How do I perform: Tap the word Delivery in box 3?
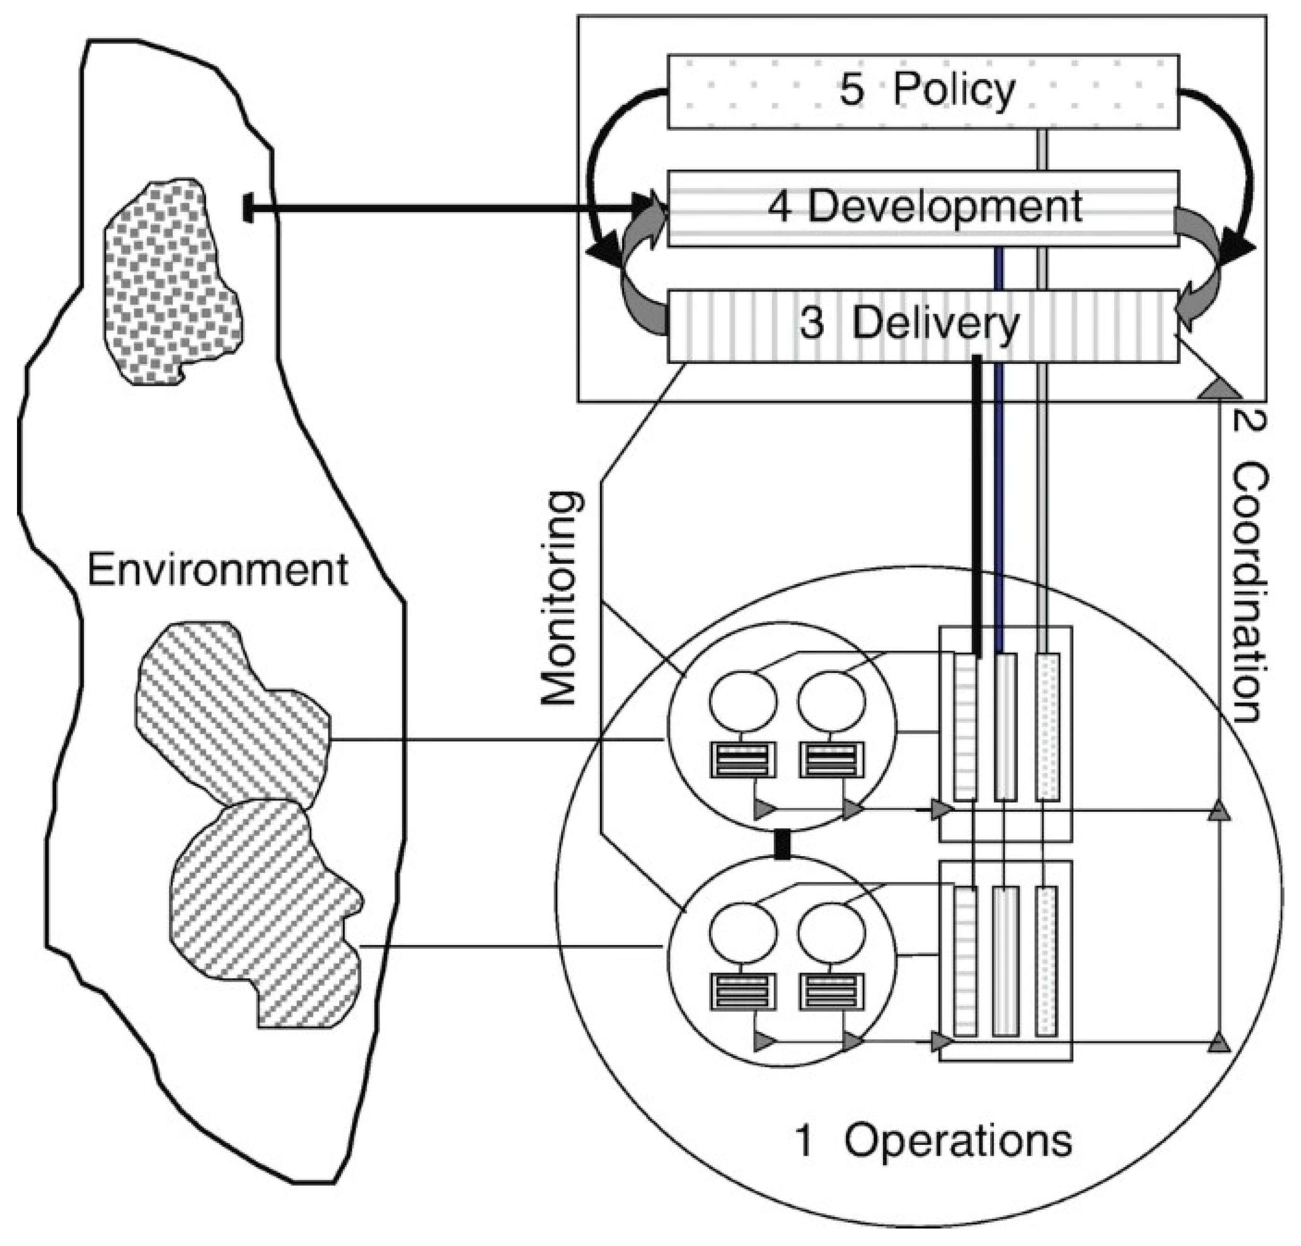[x=935, y=325]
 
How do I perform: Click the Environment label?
[x=217, y=569]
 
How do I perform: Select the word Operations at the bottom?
[x=958, y=1141]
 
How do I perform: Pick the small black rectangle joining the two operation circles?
[x=783, y=844]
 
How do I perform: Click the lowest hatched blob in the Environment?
[x=265, y=910]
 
